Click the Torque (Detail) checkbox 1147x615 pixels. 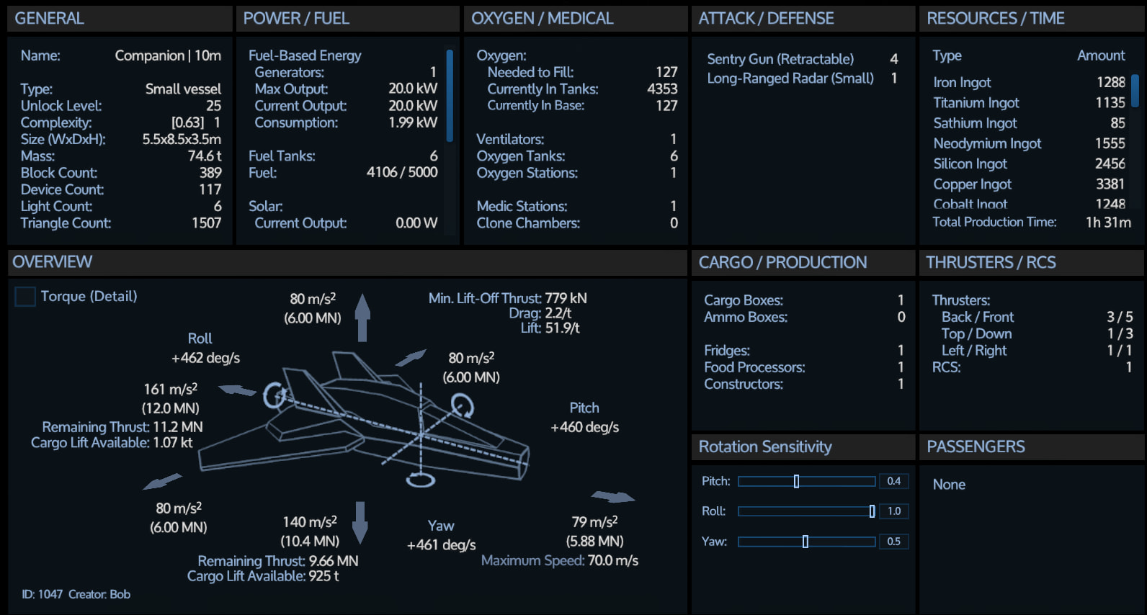point(25,296)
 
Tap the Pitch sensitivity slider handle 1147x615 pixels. point(796,481)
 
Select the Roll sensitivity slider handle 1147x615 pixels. point(872,511)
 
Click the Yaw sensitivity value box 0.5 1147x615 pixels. point(893,542)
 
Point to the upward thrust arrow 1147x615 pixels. point(362,317)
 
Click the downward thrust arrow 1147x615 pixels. point(360,522)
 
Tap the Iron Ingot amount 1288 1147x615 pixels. point(1111,82)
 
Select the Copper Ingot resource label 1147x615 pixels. point(972,184)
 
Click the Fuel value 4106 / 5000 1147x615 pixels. point(402,172)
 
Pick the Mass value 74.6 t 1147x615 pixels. point(205,156)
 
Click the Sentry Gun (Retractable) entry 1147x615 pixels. point(780,59)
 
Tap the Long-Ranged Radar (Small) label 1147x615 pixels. point(790,78)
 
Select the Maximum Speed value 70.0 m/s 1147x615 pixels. point(613,561)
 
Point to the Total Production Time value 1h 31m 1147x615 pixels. point(1108,223)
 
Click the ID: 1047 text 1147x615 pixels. point(42,595)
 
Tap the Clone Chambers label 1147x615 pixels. point(528,223)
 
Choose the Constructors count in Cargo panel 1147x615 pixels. point(901,384)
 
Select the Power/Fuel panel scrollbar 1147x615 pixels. point(450,96)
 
